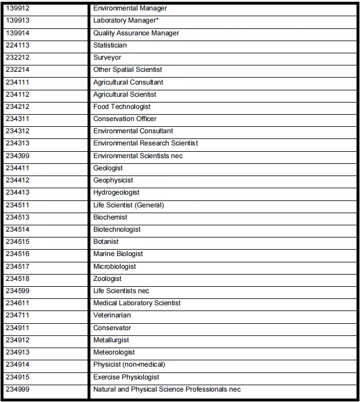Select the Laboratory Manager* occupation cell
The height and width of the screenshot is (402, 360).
pyautogui.click(x=126, y=21)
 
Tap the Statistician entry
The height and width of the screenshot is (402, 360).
pyautogui.click(x=110, y=45)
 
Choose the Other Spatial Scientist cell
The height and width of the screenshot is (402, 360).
pyautogui.click(x=128, y=70)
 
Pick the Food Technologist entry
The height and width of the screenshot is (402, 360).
pyautogui.click(x=122, y=107)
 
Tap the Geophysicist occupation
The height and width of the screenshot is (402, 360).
pyautogui.click(x=113, y=180)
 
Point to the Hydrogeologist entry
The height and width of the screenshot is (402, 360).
pyautogui.click(x=116, y=192)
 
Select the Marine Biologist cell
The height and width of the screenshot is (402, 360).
pyautogui.click(x=118, y=254)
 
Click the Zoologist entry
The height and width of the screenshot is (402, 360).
pyautogui.click(x=107, y=279)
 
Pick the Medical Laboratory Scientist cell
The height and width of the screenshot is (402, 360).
pyautogui.click(x=137, y=303)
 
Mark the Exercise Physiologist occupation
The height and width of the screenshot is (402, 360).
pyautogui.click(x=126, y=377)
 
